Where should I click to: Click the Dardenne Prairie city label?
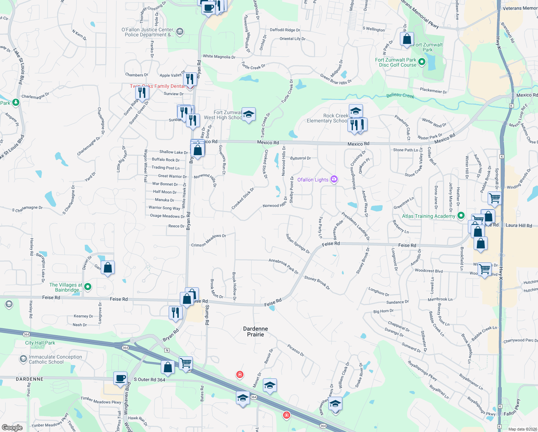255,332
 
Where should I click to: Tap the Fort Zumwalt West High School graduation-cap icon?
249,114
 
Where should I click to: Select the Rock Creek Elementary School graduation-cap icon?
355,111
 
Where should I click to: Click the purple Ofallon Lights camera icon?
334,179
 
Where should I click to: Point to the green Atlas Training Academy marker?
461,216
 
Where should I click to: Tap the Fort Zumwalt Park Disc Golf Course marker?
422,62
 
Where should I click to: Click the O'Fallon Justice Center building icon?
180,32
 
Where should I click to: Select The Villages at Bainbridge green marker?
88,287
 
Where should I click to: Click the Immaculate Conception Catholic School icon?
24,359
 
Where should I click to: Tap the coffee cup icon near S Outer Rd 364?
120,378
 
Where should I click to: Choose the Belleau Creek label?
400,95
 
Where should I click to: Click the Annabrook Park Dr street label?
284,266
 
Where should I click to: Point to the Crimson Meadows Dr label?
208,240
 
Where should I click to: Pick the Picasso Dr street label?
296,350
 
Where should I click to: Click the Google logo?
12,427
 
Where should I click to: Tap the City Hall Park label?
40,343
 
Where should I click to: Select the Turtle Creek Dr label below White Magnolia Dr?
253,66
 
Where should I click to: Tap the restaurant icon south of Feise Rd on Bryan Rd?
175,312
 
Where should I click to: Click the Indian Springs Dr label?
297,243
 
